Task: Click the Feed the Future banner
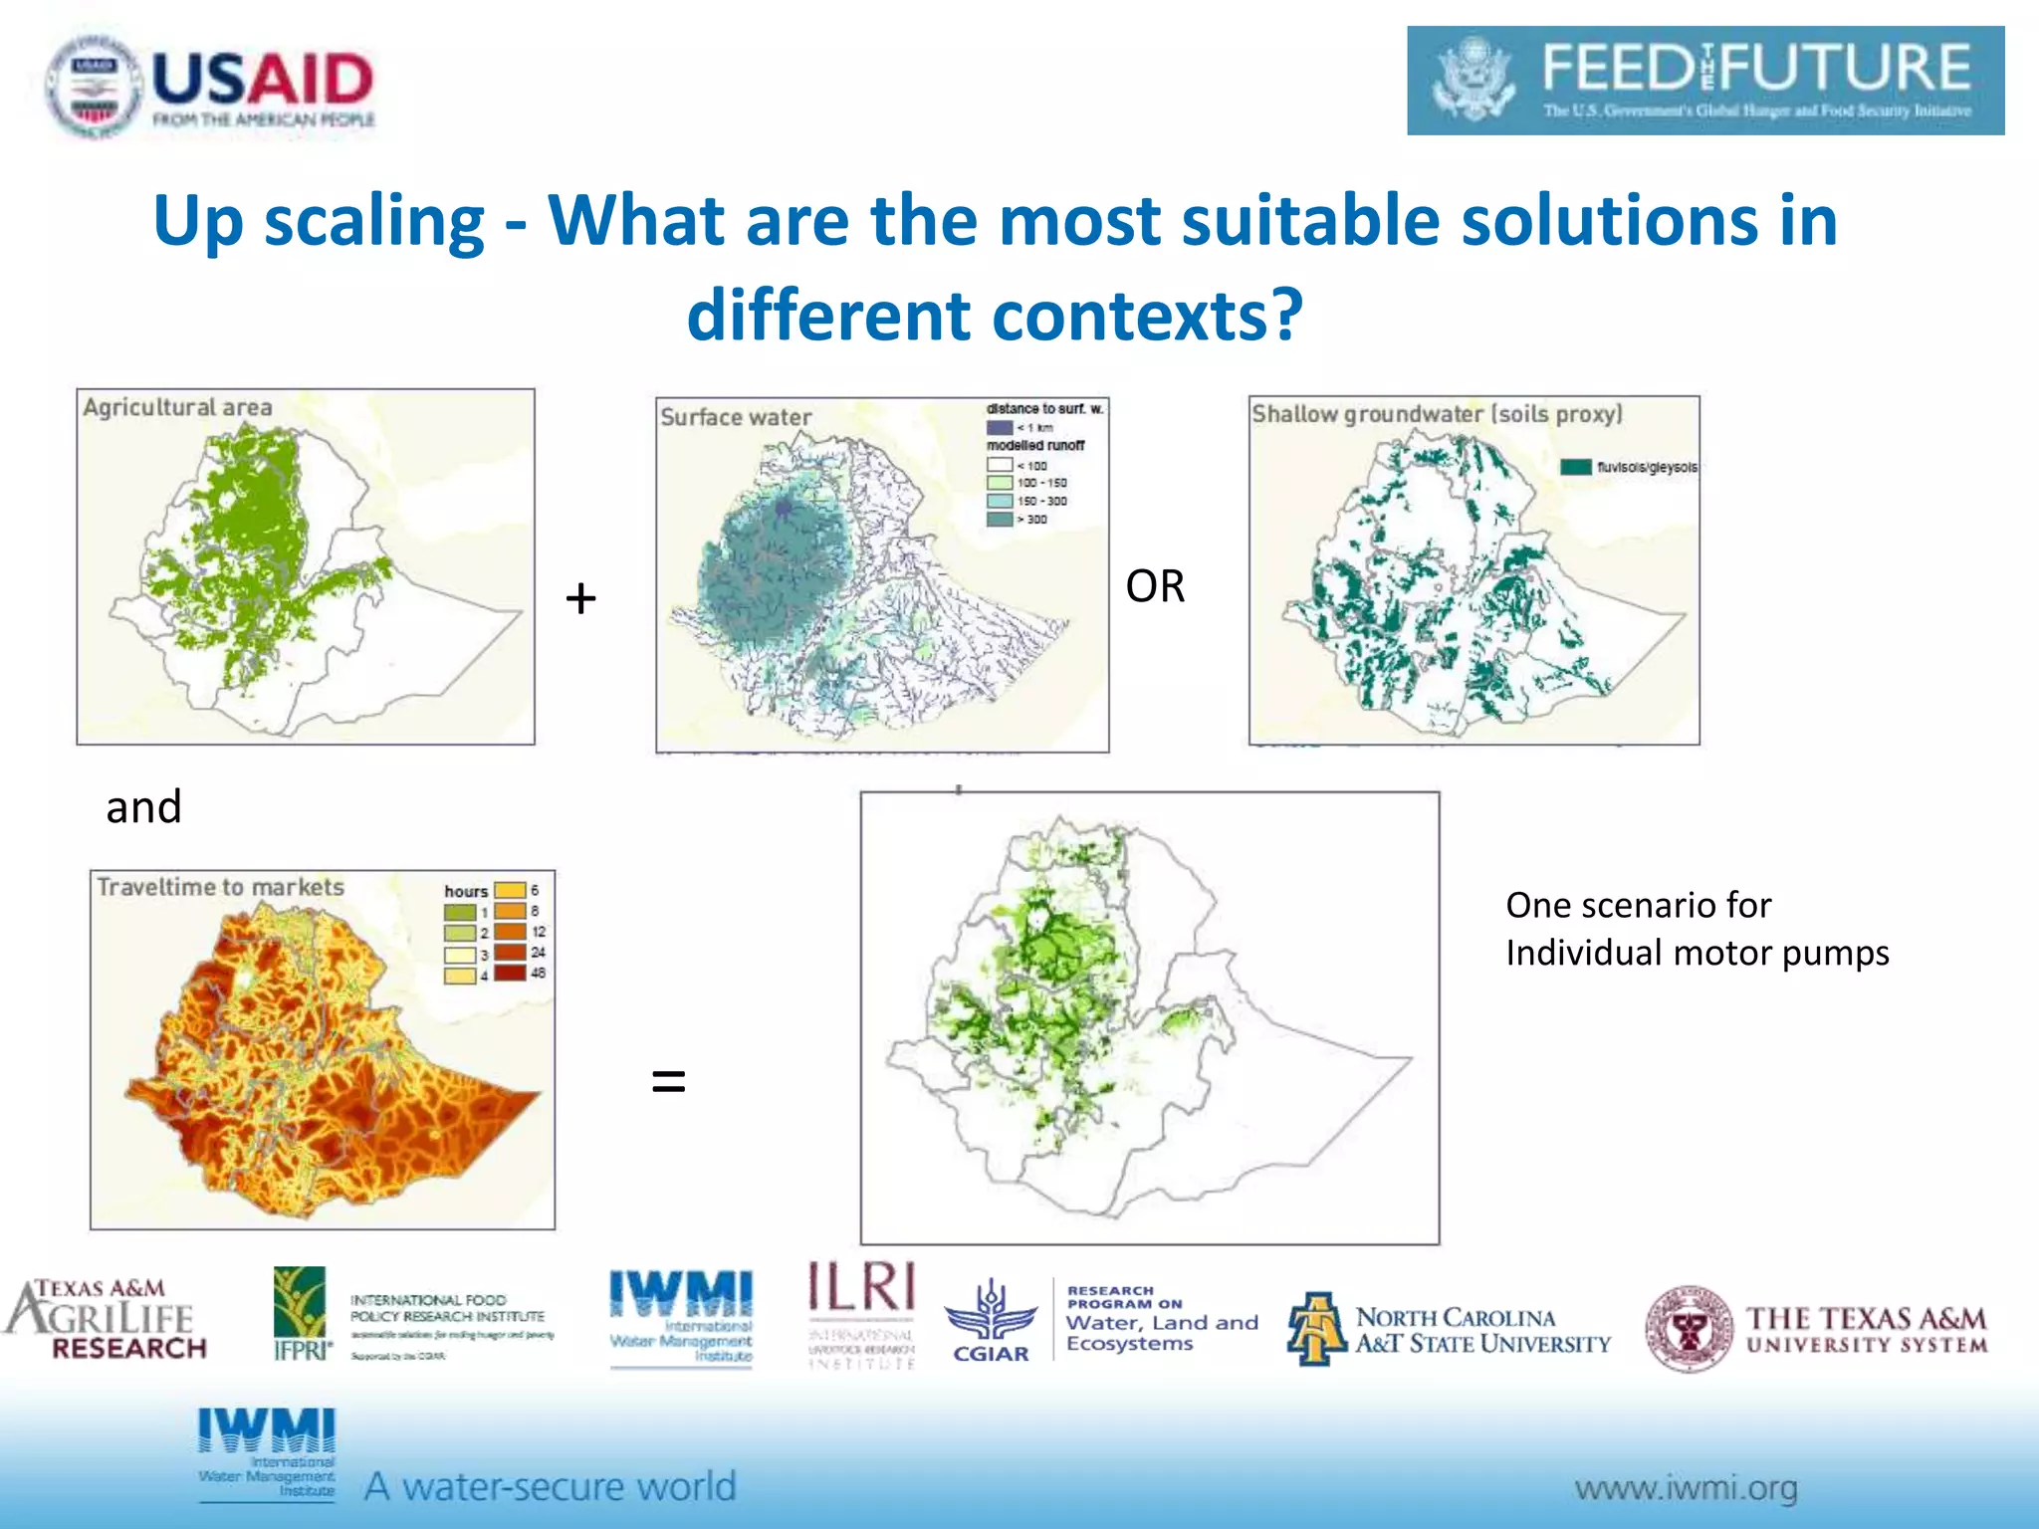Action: tap(1704, 82)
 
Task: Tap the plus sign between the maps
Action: tap(580, 598)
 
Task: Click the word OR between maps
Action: tap(1155, 586)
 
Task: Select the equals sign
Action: tap(668, 1080)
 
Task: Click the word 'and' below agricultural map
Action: tap(143, 806)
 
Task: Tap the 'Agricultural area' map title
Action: tap(177, 407)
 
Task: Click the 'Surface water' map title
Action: tap(736, 418)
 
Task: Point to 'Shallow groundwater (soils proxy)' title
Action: tap(1437, 414)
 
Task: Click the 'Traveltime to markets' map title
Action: tap(220, 887)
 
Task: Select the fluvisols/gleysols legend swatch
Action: tap(1575, 467)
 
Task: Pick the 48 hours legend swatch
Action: tap(510, 973)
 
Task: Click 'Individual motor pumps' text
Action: tap(1697, 953)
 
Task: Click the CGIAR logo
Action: tap(990, 1322)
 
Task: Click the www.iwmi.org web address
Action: tap(1686, 1488)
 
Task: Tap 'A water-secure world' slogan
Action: tap(550, 1486)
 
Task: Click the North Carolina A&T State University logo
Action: tap(1449, 1330)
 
